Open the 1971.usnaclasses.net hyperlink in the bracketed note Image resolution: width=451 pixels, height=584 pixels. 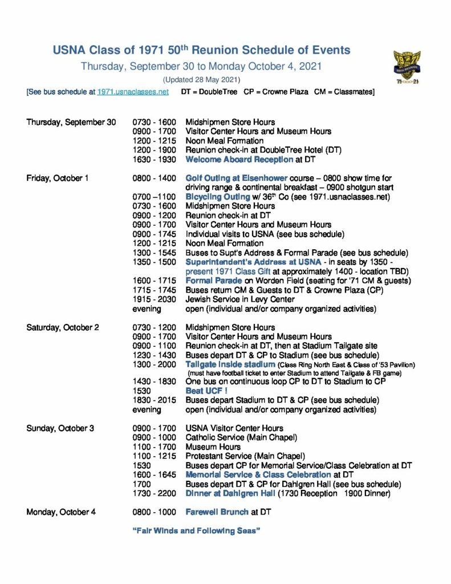[x=133, y=91]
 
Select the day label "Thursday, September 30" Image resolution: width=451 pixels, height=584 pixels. [x=71, y=122]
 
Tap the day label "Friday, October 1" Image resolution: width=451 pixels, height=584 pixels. [x=58, y=178]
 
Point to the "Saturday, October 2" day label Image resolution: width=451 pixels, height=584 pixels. [x=63, y=327]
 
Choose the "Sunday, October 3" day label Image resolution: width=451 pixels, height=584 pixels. [x=60, y=428]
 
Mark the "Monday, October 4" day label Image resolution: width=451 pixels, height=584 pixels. [x=61, y=512]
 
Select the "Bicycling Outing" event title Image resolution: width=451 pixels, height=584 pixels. [x=219, y=197]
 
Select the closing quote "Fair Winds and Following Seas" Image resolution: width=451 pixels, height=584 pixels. [x=196, y=530]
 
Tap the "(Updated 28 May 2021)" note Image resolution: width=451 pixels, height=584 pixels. [x=201, y=79]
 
